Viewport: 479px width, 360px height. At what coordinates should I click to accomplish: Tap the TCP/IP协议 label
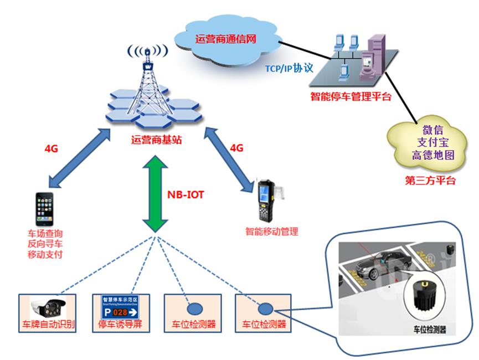[289, 68]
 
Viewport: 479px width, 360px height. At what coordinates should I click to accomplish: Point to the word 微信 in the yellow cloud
[432, 130]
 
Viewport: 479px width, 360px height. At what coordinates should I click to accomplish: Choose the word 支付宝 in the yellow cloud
[432, 143]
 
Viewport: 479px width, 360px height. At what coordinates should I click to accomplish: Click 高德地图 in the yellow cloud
[432, 156]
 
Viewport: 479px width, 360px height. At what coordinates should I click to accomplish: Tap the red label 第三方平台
[431, 180]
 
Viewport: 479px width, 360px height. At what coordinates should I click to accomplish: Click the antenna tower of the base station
[147, 83]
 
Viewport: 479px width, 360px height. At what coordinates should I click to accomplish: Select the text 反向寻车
[44, 244]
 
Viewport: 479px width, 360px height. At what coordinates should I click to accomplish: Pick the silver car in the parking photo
[382, 265]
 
